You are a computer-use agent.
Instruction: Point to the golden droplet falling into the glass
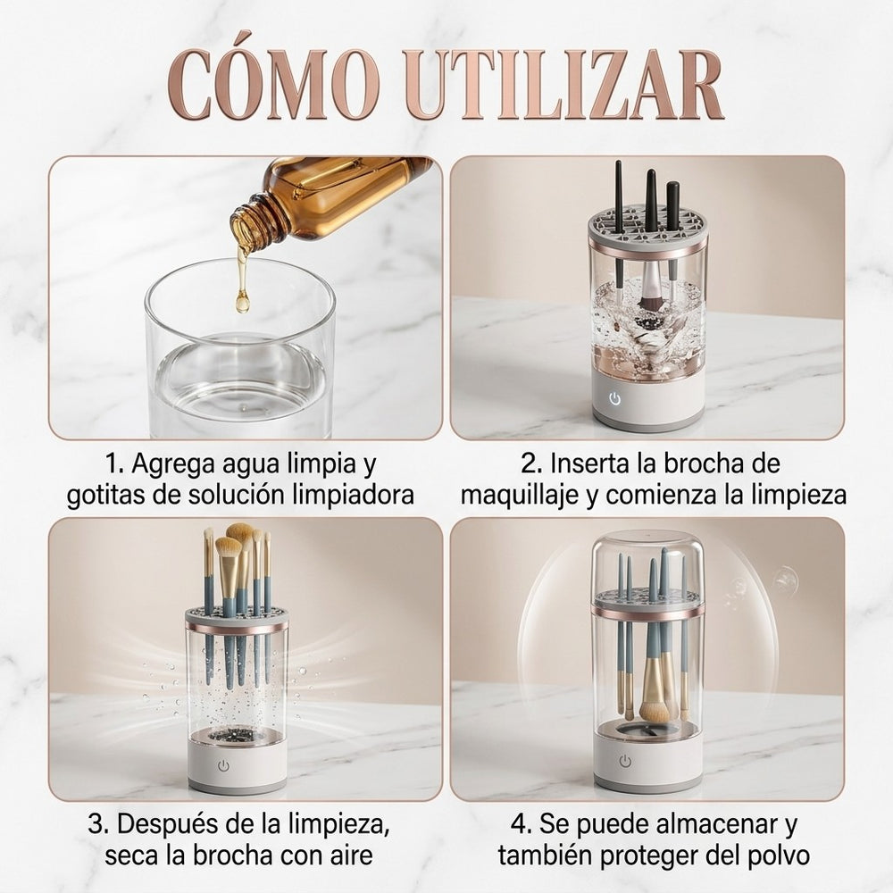click(243, 301)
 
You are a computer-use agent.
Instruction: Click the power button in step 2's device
click(614, 398)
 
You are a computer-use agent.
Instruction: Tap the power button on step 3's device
click(223, 766)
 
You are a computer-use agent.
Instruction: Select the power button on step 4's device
click(625, 762)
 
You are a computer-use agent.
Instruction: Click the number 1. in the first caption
click(114, 463)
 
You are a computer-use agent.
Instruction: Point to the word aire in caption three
click(353, 855)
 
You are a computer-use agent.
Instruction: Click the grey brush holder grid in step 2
click(647, 230)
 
